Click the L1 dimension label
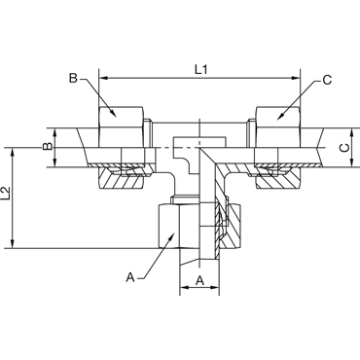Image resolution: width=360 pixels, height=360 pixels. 201,69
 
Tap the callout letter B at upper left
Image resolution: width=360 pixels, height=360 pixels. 74,79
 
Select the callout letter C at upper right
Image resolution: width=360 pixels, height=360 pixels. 327,80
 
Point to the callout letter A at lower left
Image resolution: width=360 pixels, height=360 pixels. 130,277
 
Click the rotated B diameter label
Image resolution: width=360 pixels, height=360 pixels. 48,147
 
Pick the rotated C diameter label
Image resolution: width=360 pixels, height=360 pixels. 344,148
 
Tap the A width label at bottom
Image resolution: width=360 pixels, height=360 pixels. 200,280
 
